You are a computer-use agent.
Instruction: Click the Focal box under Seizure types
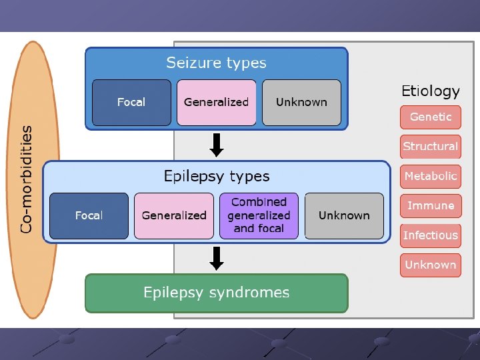click(x=131, y=102)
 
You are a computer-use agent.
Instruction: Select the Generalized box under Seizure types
click(x=216, y=102)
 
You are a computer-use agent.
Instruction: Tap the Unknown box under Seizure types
click(x=301, y=102)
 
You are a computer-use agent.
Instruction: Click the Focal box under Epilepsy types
click(x=89, y=215)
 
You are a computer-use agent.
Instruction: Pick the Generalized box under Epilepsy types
click(x=174, y=215)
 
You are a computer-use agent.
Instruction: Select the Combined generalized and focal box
click(x=259, y=215)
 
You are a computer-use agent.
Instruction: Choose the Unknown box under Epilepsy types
click(x=344, y=215)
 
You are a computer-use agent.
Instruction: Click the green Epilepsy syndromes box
click(x=217, y=293)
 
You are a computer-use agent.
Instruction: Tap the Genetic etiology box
click(x=431, y=117)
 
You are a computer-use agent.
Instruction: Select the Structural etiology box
click(x=431, y=146)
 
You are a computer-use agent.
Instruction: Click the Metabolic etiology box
click(x=431, y=176)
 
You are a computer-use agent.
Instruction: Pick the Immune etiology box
click(x=431, y=205)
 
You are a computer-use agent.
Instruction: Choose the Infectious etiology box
click(x=431, y=235)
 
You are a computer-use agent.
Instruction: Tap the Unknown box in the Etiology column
click(x=431, y=265)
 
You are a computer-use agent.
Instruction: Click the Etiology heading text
click(x=431, y=91)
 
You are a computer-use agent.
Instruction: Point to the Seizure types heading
click(x=216, y=63)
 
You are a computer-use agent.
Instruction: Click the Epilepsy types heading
click(x=217, y=177)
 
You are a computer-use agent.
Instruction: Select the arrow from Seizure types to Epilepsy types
click(x=216, y=143)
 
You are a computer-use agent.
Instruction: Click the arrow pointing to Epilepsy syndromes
click(x=216, y=258)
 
